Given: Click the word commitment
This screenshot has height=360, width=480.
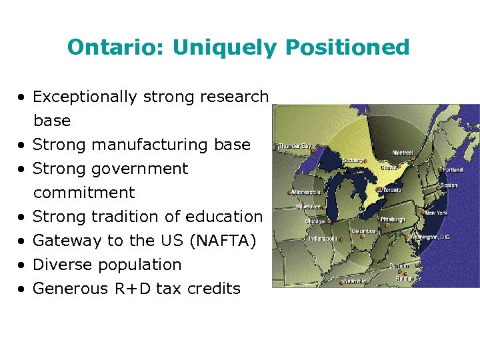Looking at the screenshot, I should click(x=84, y=193).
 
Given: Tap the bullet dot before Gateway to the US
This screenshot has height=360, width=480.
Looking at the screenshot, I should click(x=23, y=241).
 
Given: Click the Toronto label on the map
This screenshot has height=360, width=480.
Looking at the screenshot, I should click(x=392, y=190).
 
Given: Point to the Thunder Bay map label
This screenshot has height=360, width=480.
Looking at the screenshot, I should click(x=295, y=146).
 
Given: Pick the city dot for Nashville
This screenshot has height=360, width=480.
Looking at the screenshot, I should click(x=341, y=282).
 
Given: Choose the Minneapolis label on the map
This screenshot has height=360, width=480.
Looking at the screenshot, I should click(x=306, y=192).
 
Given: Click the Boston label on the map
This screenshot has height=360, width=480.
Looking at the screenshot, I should click(x=449, y=185).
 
